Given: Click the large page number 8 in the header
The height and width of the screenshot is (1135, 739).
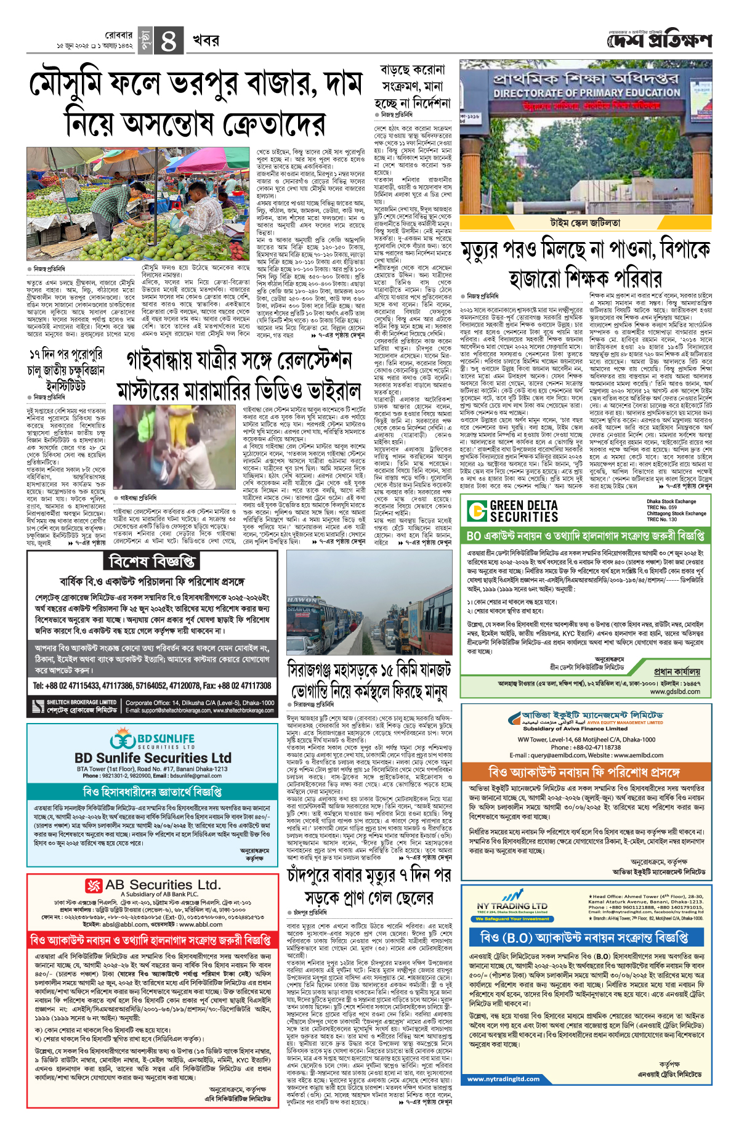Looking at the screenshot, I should pos(168,41).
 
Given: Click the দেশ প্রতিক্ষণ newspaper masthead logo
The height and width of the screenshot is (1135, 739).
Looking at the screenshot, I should pos(659,41).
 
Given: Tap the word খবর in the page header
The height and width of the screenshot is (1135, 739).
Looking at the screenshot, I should pos(206,41).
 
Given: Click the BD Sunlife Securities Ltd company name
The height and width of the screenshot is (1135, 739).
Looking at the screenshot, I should pos(153,758).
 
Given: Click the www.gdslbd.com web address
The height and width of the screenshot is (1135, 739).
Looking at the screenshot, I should pos(675,692).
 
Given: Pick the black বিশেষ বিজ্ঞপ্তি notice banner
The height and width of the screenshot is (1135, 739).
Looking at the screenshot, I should pos(152,561).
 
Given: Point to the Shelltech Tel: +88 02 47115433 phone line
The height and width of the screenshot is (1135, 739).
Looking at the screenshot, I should pos(152,685).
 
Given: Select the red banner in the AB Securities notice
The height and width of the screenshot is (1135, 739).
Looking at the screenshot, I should pos(151,940).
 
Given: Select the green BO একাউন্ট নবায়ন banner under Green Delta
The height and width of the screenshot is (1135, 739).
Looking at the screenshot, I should pos(585,536).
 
